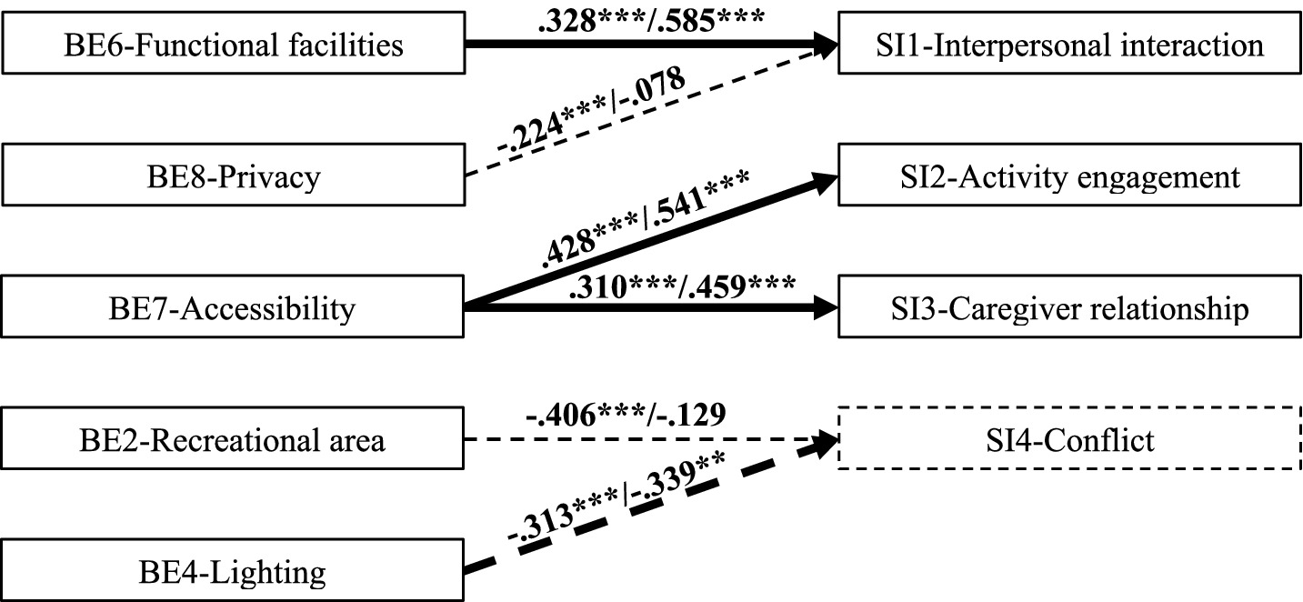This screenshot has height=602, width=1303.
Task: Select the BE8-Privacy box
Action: click(233, 176)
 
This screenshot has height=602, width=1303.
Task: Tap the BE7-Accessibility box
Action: click(233, 309)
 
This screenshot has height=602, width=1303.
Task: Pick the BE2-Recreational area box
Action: click(233, 441)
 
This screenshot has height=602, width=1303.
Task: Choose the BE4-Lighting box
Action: click(233, 573)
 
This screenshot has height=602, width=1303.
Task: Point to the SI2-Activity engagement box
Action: click(1069, 176)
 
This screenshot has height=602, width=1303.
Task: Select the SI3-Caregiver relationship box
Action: click(1069, 309)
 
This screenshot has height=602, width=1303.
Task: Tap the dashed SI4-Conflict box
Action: click(1069, 441)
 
